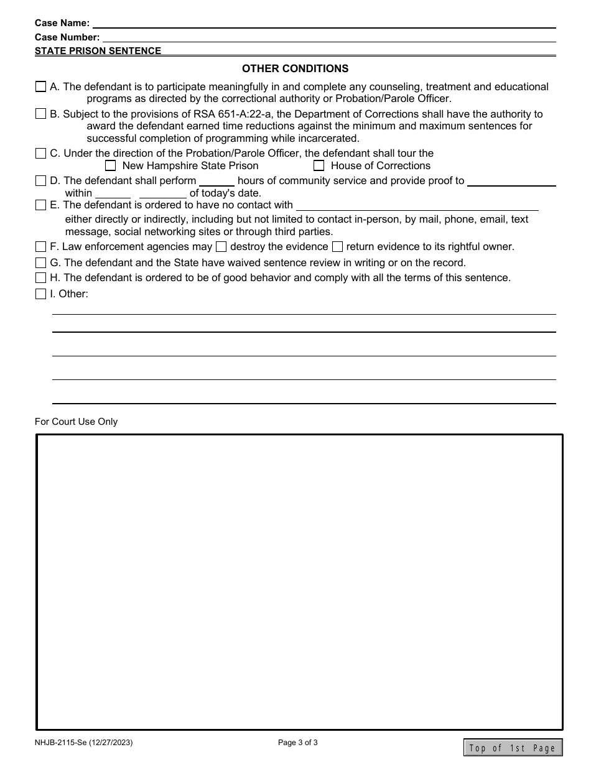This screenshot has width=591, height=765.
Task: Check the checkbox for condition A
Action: (x=40, y=87)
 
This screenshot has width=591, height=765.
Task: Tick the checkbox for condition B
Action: (x=40, y=114)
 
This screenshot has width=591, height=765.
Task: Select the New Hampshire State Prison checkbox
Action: (x=111, y=166)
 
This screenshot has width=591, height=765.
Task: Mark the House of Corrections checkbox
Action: (x=319, y=166)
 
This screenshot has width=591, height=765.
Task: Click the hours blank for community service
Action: (x=216, y=181)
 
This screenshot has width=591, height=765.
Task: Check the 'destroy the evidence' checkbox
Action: (x=221, y=247)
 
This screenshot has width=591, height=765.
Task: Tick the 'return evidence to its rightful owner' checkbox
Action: (x=337, y=247)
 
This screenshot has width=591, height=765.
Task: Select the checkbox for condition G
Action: (x=40, y=263)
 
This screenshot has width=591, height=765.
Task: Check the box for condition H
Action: (x=40, y=278)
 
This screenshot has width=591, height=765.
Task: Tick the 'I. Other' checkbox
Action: (x=40, y=294)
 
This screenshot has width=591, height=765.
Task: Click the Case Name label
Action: (x=62, y=23)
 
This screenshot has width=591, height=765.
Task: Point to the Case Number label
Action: (x=67, y=37)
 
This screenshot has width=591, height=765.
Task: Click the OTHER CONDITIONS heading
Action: (x=295, y=68)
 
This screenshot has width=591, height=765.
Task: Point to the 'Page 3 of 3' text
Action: (x=298, y=742)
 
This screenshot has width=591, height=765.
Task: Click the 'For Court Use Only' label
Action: (x=76, y=422)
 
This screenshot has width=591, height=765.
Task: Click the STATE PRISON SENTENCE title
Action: (x=98, y=51)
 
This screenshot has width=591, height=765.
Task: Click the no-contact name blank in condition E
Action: (x=417, y=205)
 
